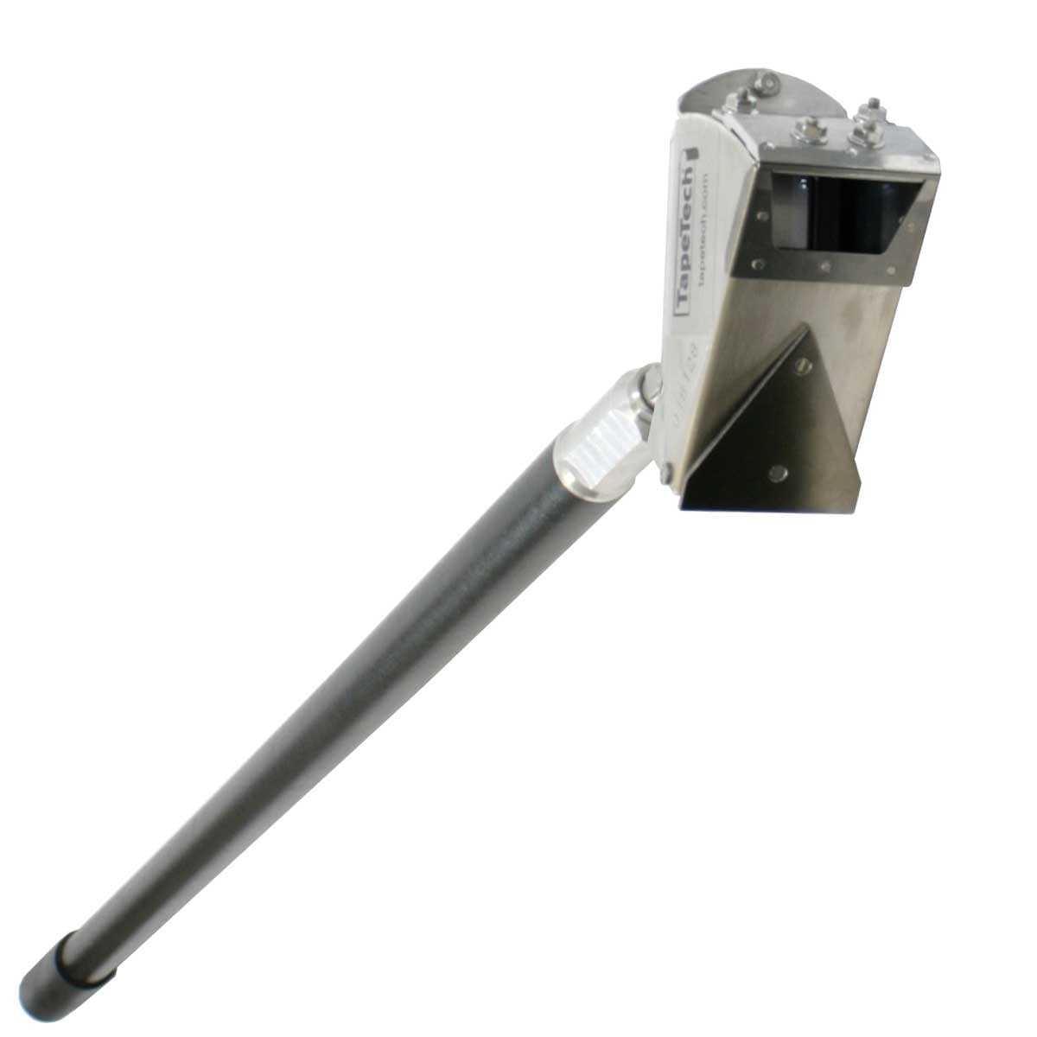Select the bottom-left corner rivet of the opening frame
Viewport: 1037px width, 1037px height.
point(760,259)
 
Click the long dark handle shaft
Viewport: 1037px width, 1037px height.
point(346,691)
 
